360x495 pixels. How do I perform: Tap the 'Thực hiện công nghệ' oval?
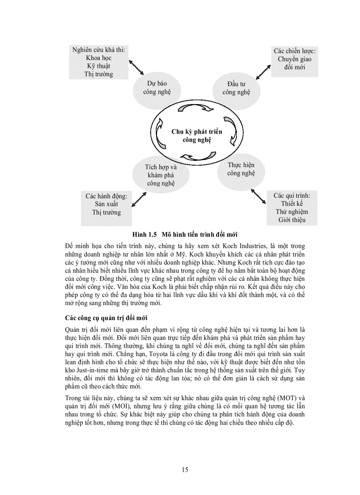point(241,169)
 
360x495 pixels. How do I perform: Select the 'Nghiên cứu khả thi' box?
point(98,62)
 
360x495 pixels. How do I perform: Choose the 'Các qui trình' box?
point(292,208)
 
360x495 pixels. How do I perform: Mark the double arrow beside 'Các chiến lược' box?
point(264,70)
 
